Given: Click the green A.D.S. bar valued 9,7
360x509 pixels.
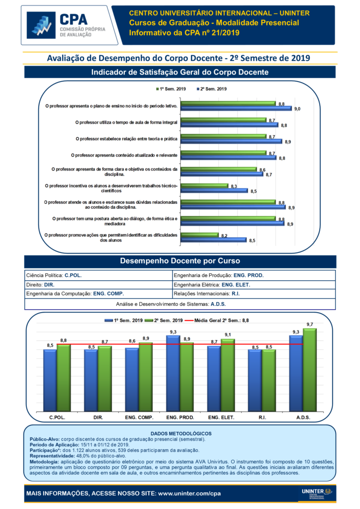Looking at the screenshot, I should (x=310, y=370).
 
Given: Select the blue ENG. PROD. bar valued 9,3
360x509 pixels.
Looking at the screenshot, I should (x=173, y=374).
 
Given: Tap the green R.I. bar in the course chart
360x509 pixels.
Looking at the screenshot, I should (x=269, y=381).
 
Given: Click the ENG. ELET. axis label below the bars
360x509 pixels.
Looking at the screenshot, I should (x=221, y=418).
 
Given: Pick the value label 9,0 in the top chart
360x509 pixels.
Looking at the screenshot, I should (x=297, y=108).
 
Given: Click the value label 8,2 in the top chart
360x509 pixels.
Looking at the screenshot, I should (x=224, y=236).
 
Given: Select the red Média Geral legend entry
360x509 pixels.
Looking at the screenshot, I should (x=219, y=321).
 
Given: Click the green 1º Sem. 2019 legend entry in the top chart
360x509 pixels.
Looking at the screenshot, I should (x=172, y=89).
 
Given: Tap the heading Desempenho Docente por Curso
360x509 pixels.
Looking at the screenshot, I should (x=180, y=261).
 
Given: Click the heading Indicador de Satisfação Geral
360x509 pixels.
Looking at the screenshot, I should (x=180, y=73).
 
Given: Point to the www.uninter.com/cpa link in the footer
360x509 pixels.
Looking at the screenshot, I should (x=189, y=494).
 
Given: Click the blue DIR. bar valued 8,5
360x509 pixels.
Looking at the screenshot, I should (x=91, y=381).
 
